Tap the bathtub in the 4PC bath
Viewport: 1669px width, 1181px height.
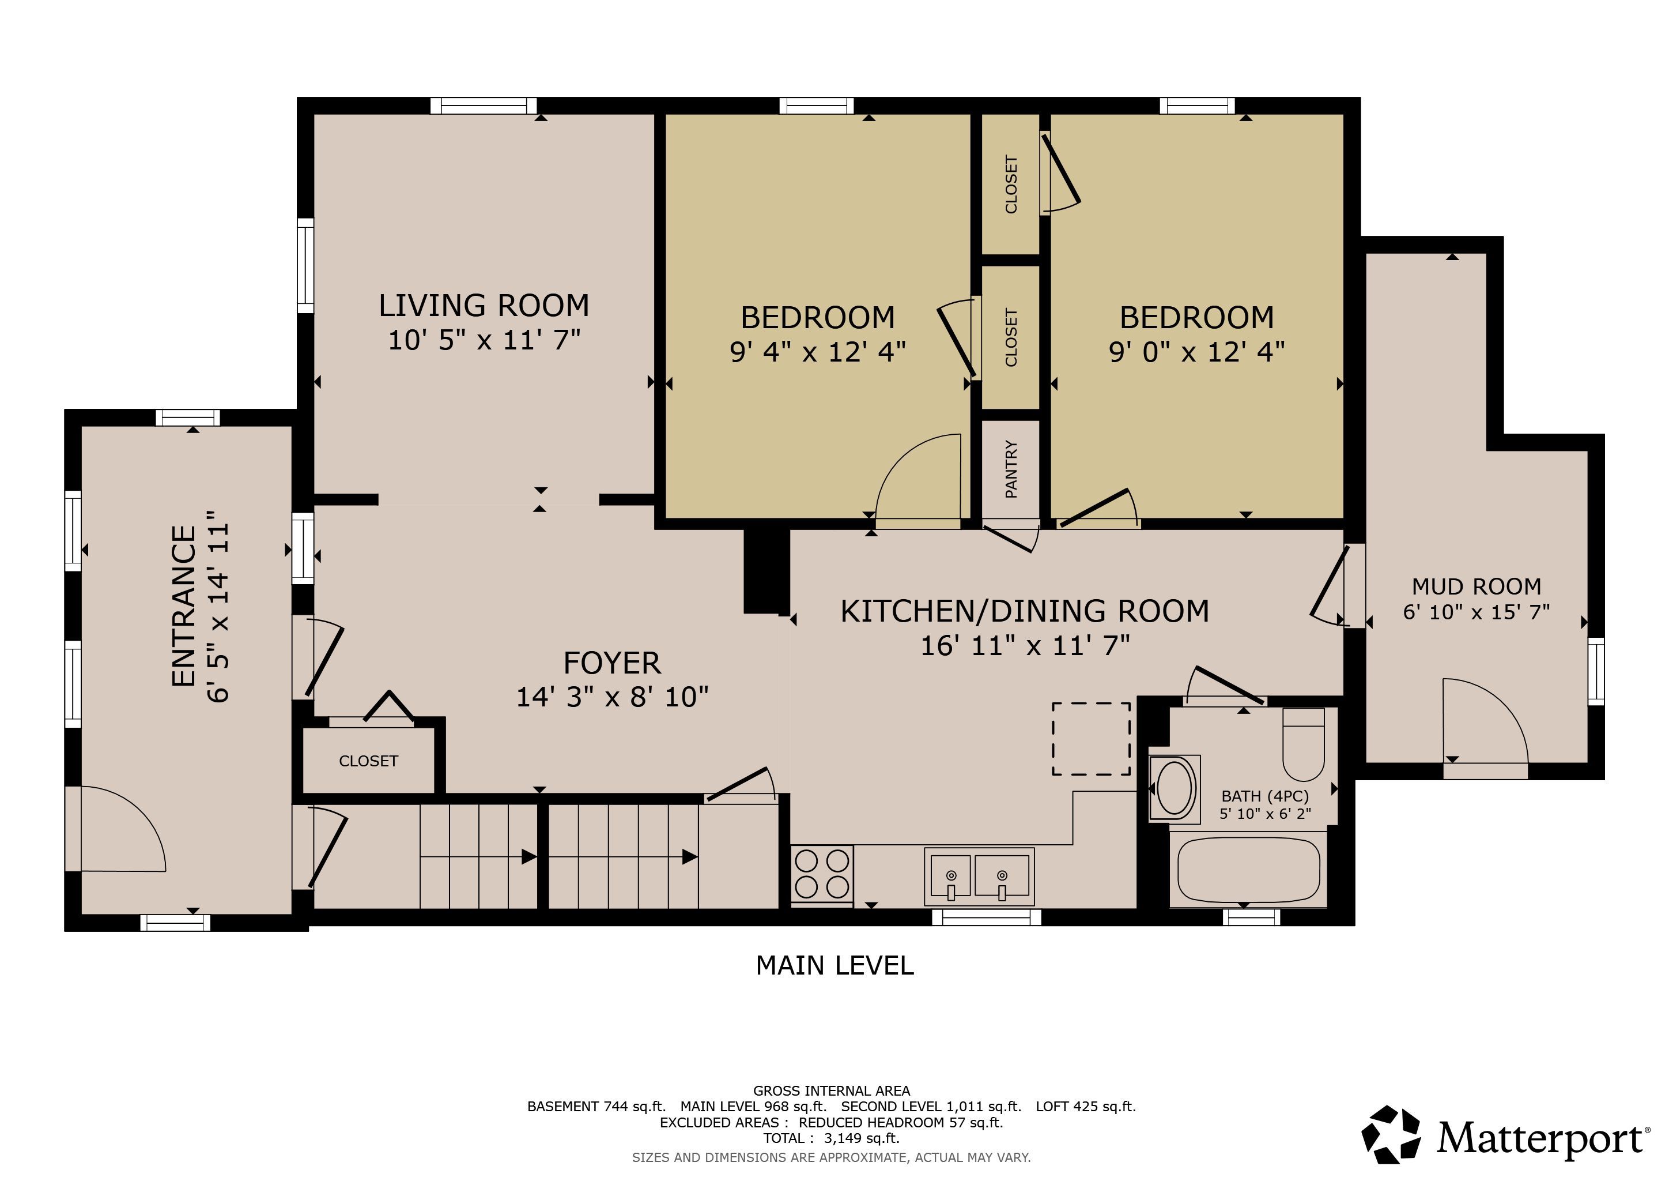click(x=1248, y=870)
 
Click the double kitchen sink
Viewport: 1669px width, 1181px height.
click(x=979, y=877)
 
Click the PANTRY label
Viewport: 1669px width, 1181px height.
click(x=1010, y=469)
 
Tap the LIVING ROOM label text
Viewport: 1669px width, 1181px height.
click(x=484, y=306)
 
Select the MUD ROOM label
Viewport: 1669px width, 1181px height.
click(x=1477, y=586)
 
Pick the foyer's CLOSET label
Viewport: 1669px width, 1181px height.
click(x=368, y=761)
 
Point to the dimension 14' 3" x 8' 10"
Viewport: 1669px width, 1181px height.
click(x=612, y=697)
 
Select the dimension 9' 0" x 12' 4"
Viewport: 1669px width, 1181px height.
click(x=1196, y=352)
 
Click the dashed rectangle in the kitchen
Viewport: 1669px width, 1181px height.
click(x=1091, y=739)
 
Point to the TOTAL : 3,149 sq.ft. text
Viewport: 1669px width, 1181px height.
click(x=831, y=1138)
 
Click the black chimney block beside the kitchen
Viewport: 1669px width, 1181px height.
click(x=766, y=571)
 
